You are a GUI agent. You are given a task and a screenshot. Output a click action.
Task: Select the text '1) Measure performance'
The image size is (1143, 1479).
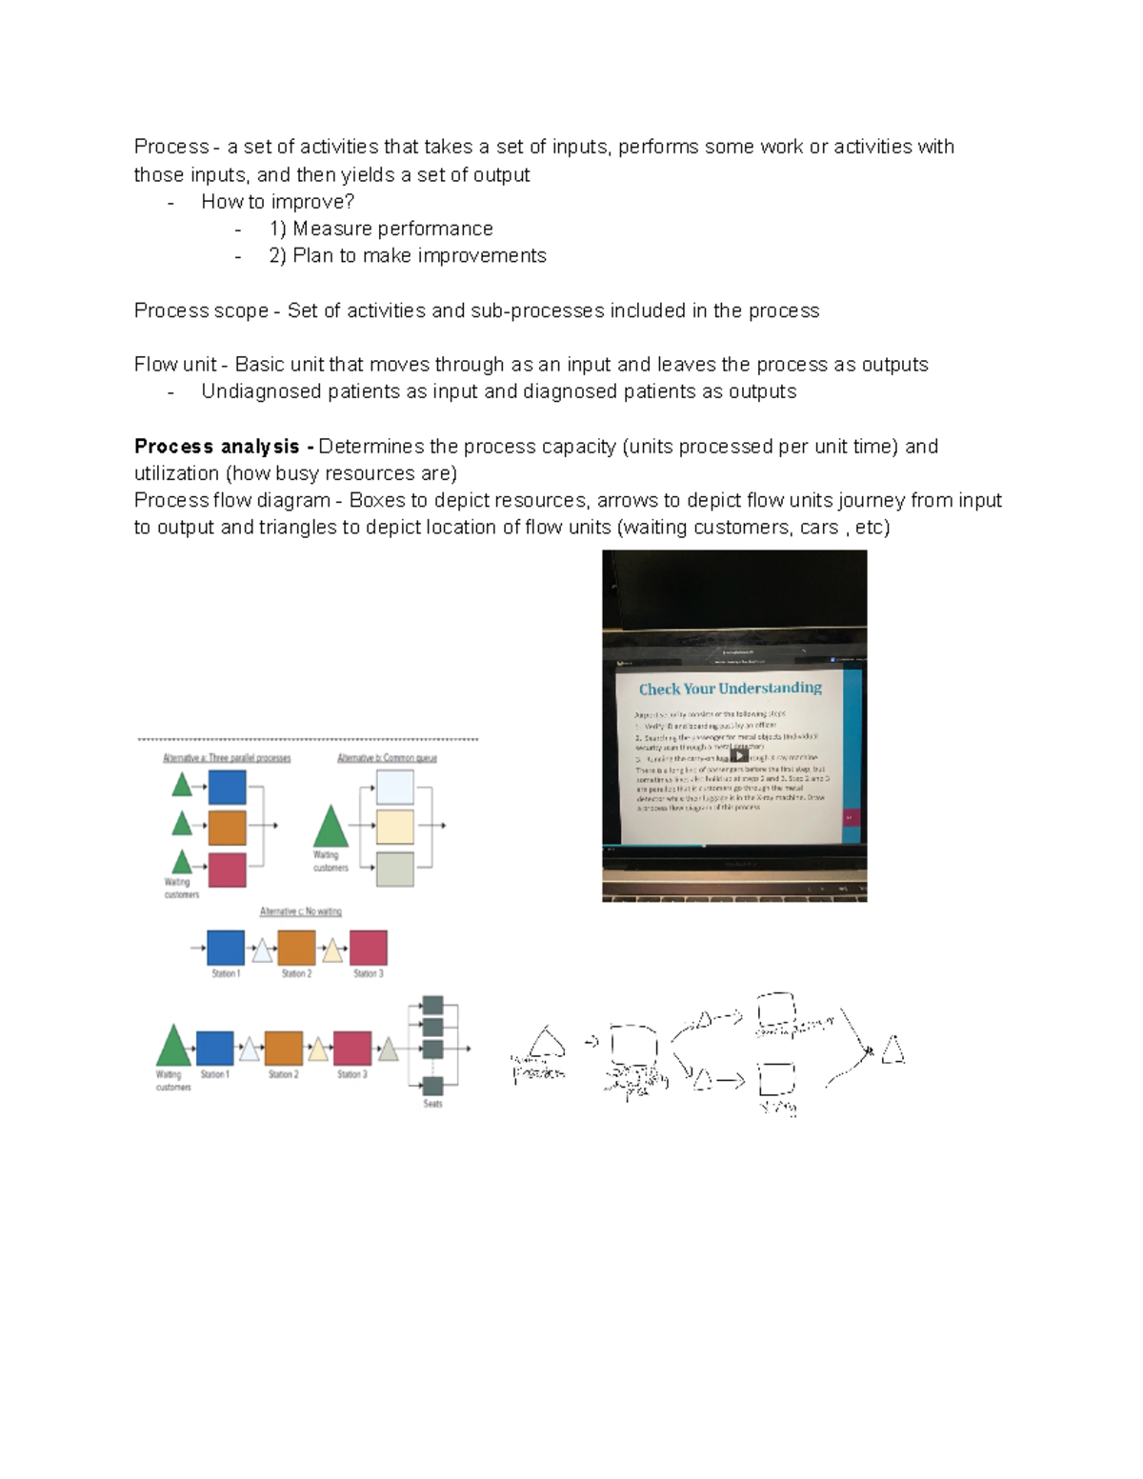click(x=381, y=229)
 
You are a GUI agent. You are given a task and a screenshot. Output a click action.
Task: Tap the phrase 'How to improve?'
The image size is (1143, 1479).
click(x=277, y=202)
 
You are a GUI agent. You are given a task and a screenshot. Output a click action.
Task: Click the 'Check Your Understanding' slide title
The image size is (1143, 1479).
click(x=730, y=689)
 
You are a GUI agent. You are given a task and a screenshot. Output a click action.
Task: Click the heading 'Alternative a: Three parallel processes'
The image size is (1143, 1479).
click(x=227, y=758)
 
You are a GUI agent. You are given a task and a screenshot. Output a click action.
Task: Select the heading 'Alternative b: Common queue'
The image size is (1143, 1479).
click(x=387, y=758)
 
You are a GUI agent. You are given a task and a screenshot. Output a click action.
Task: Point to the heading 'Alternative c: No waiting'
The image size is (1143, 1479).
click(x=300, y=911)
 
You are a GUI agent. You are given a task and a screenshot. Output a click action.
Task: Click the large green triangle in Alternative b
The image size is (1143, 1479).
click(x=331, y=828)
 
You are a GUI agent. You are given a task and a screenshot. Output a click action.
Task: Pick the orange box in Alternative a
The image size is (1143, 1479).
click(x=227, y=828)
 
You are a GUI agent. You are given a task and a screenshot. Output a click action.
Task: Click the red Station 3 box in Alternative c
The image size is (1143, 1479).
click(x=368, y=949)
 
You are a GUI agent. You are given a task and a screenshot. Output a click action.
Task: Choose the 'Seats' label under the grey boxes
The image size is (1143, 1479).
click(x=432, y=1104)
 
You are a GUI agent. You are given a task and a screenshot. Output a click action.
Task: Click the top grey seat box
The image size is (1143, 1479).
click(x=432, y=1005)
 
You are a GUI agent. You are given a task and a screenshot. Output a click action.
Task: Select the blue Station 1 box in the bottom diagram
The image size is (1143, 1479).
click(x=214, y=1048)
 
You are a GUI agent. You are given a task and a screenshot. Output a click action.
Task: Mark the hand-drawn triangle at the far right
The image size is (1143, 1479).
click(x=892, y=1049)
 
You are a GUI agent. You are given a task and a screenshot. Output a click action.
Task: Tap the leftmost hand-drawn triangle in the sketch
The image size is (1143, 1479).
click(x=546, y=1044)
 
